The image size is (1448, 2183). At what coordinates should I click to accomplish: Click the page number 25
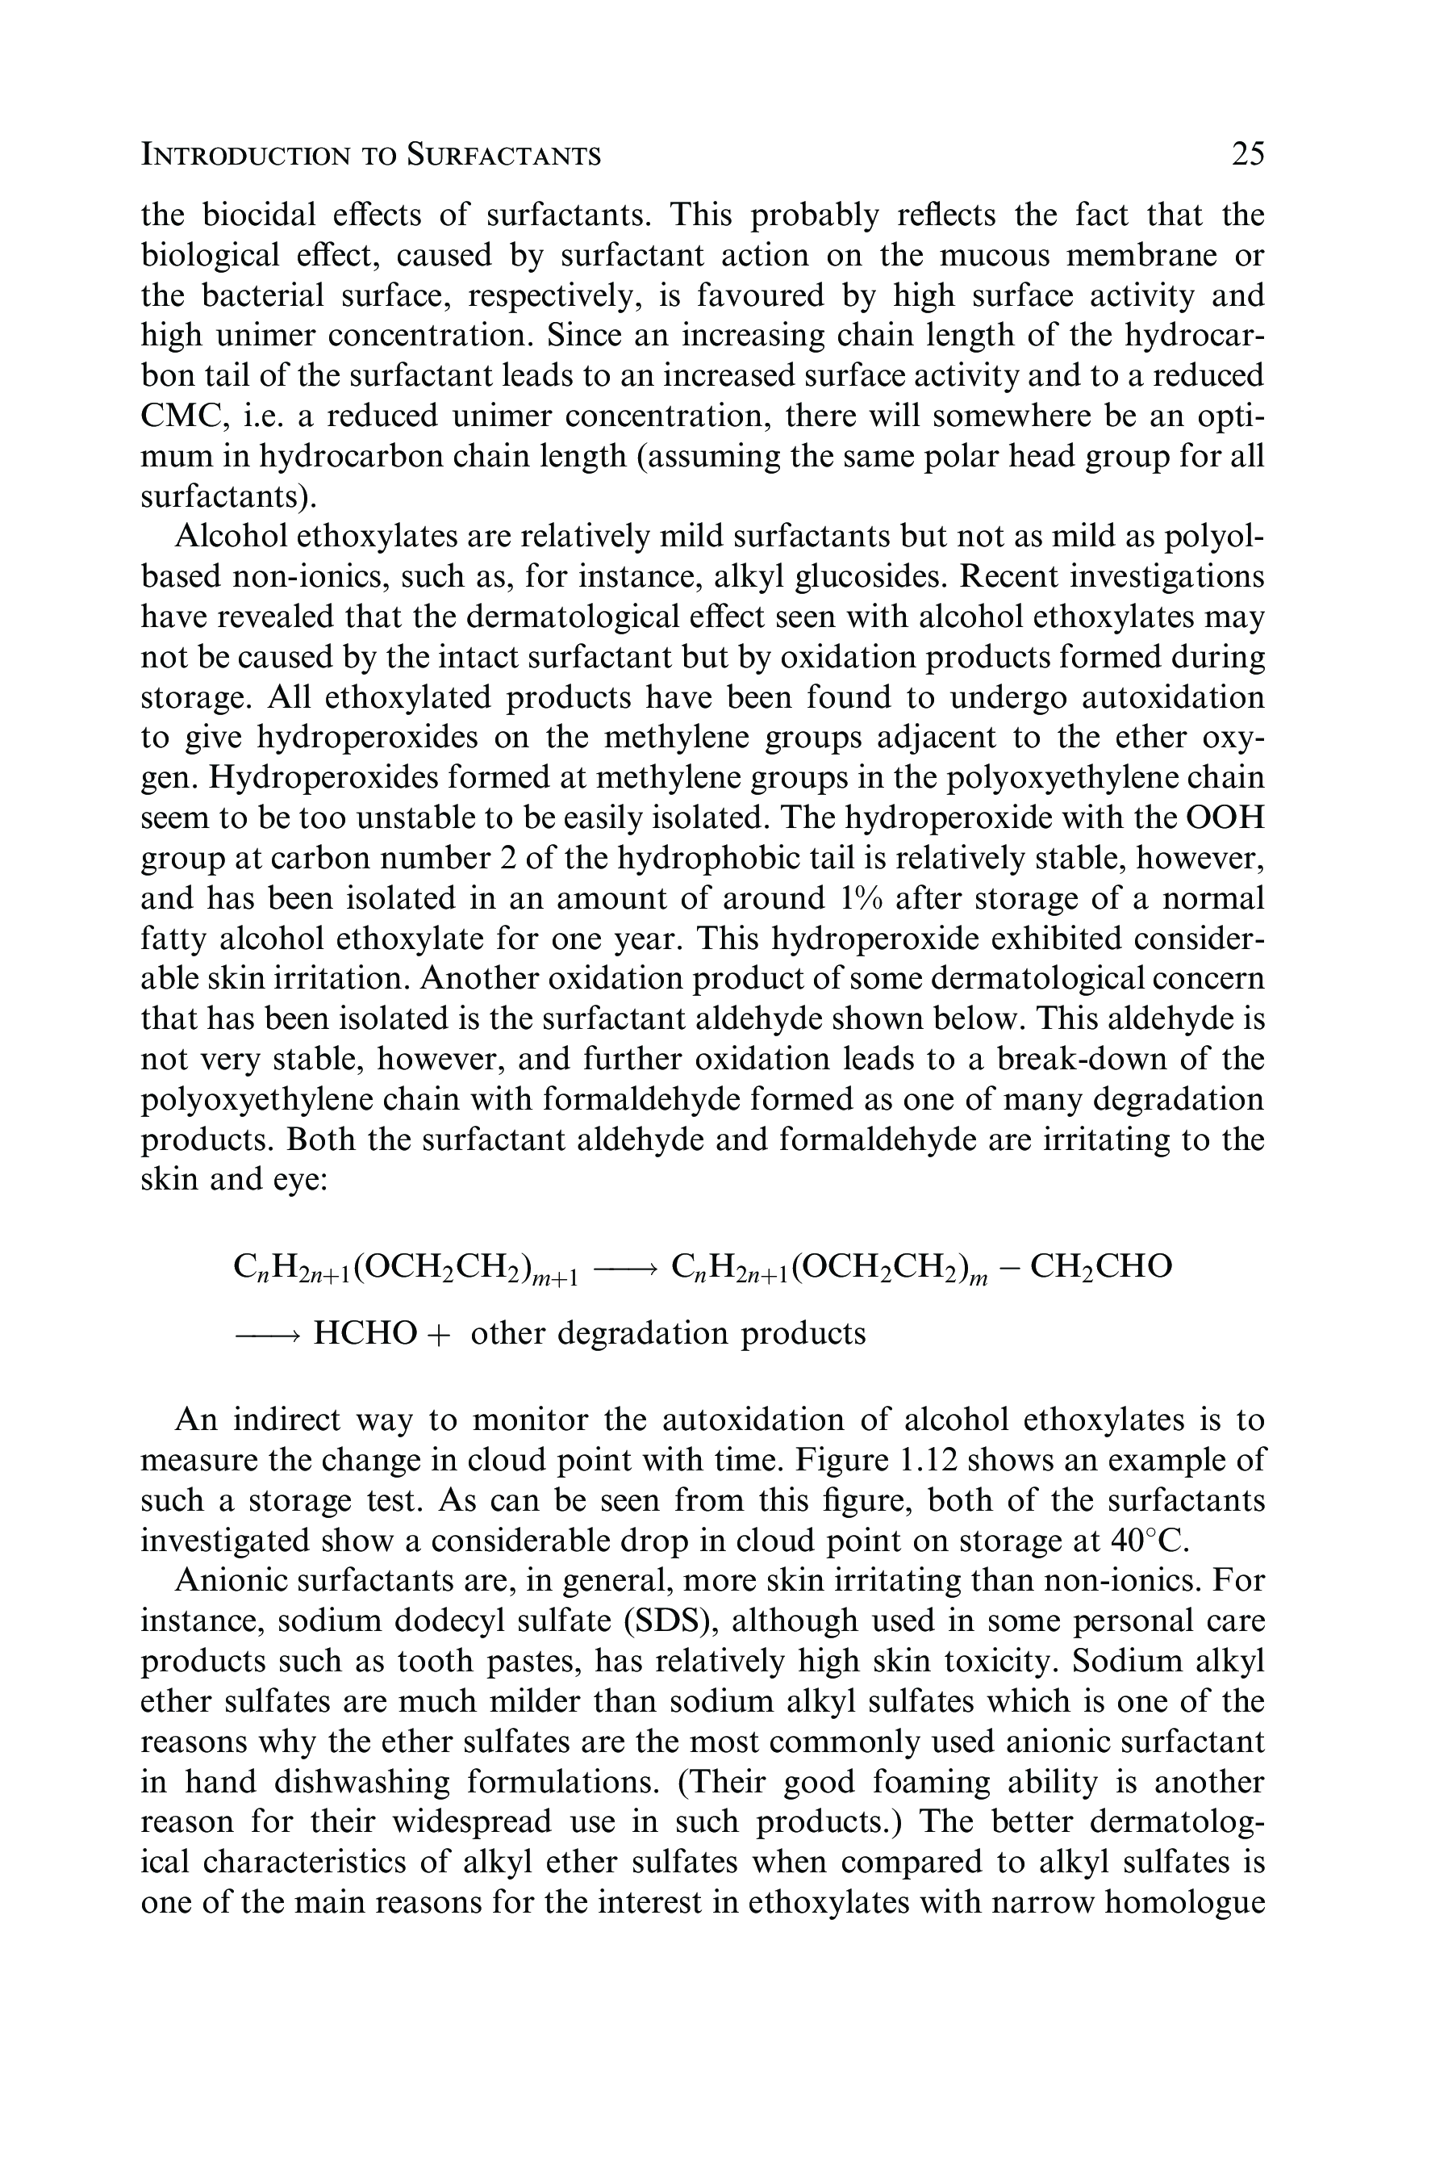coord(1248,153)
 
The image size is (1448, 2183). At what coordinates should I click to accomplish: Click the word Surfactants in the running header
coord(504,154)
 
